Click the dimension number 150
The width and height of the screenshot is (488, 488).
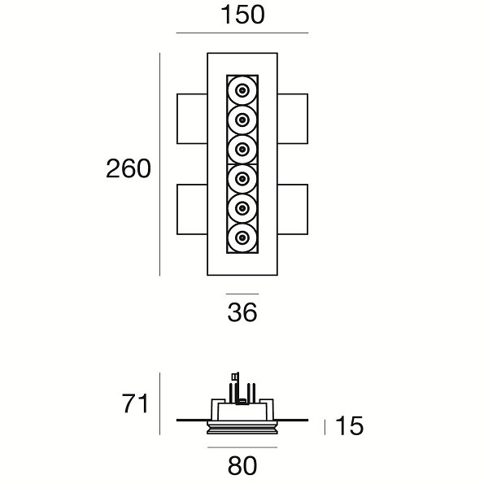click(242, 14)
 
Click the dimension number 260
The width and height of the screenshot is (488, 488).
click(129, 168)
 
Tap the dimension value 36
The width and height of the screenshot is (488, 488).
click(242, 312)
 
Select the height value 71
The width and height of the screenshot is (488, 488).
click(134, 403)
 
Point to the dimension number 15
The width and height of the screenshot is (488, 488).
click(349, 426)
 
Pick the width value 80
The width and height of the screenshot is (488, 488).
click(242, 465)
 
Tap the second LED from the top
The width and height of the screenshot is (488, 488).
click(242, 120)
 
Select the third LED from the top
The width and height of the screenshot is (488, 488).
click(242, 149)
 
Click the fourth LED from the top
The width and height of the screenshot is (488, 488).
click(242, 178)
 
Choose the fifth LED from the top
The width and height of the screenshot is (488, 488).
click(242, 207)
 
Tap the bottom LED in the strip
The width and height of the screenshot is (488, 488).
click(242, 237)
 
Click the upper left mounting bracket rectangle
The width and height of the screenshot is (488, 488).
click(192, 119)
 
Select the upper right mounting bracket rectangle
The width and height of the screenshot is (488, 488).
click(293, 119)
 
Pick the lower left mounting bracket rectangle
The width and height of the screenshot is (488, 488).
click(192, 210)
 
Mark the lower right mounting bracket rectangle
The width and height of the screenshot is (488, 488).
click(293, 210)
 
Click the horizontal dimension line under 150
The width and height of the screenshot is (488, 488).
click(242, 33)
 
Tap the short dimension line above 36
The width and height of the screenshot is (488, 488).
click(242, 294)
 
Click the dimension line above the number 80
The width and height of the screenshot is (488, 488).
click(242, 447)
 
